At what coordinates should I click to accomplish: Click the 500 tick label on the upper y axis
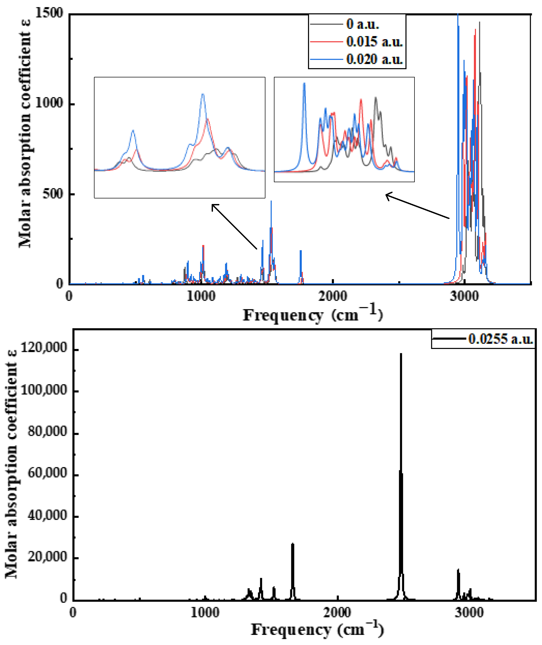pos(52,194)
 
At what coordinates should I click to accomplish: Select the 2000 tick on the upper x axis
pos(333,296)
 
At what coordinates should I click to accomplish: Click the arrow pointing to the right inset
pos(417,206)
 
